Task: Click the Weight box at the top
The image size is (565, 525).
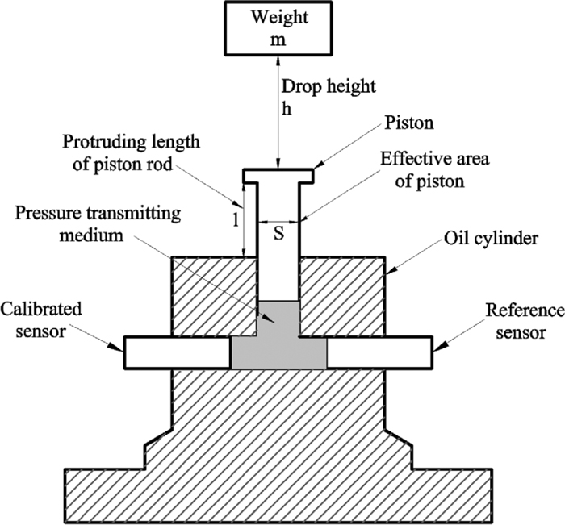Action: point(278,28)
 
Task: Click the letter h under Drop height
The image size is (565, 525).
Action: point(284,105)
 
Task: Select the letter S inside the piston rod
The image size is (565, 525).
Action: point(278,228)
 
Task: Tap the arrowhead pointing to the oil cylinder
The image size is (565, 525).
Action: point(388,274)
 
